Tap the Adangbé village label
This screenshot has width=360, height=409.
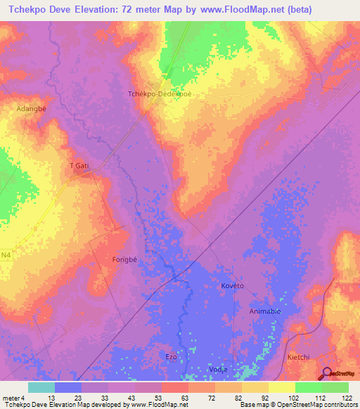click(32, 110)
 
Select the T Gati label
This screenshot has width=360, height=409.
click(79, 165)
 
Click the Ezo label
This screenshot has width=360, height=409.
click(171, 357)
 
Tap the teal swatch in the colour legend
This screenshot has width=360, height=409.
click(41, 387)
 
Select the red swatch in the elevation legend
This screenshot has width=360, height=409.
click(174, 387)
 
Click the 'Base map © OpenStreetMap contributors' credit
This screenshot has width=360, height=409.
click(297, 405)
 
